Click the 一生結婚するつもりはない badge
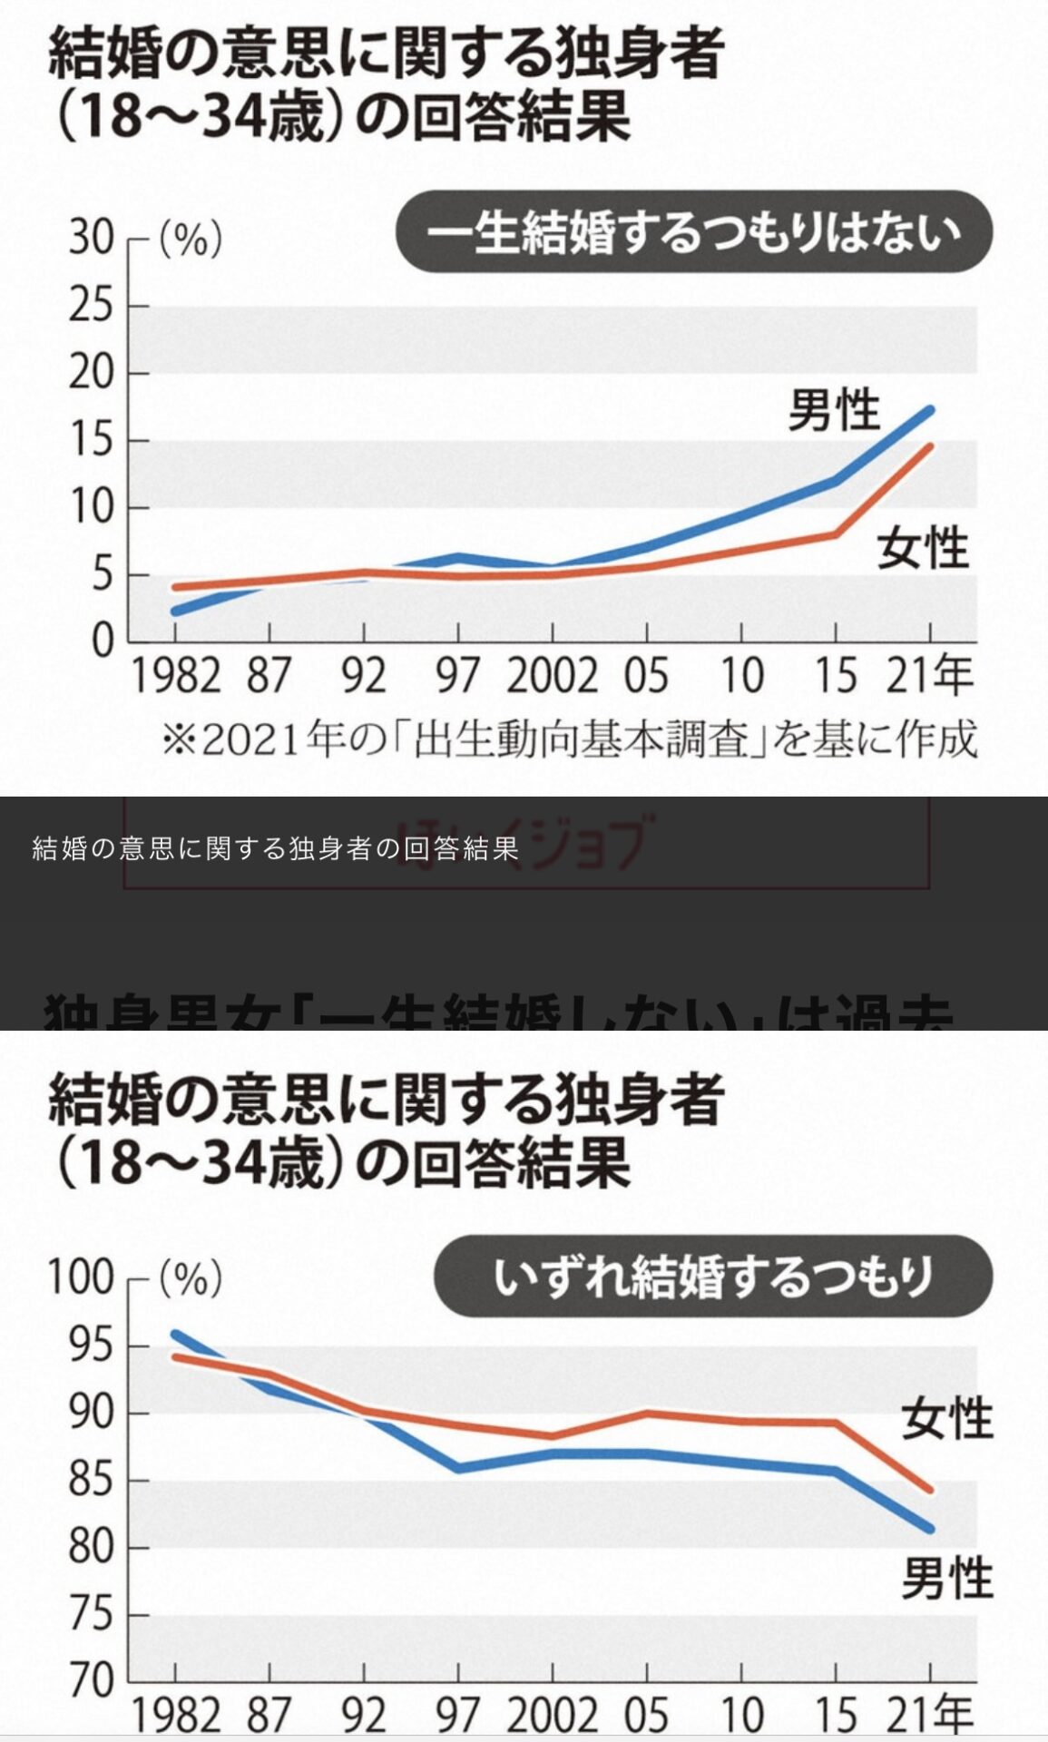click(x=694, y=232)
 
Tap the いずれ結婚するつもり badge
click(x=713, y=1276)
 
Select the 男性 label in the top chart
click(x=833, y=410)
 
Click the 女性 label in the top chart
click(x=922, y=548)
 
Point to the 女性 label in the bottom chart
click(x=946, y=1417)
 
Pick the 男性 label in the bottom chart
click(x=946, y=1578)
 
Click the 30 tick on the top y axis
click(x=91, y=240)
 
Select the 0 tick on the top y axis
click(x=103, y=642)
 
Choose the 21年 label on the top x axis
click(x=929, y=676)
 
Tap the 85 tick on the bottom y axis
click(x=91, y=1482)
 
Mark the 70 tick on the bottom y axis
click(x=91, y=1681)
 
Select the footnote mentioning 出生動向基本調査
click(x=569, y=739)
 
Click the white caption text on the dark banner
click(x=275, y=849)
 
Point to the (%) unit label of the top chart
click(x=191, y=240)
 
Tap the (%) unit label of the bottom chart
click(x=191, y=1279)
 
